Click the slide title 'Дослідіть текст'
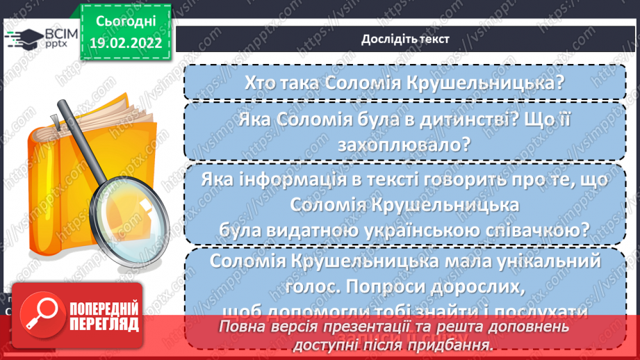coord(405,39)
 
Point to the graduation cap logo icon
coord(21,39)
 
